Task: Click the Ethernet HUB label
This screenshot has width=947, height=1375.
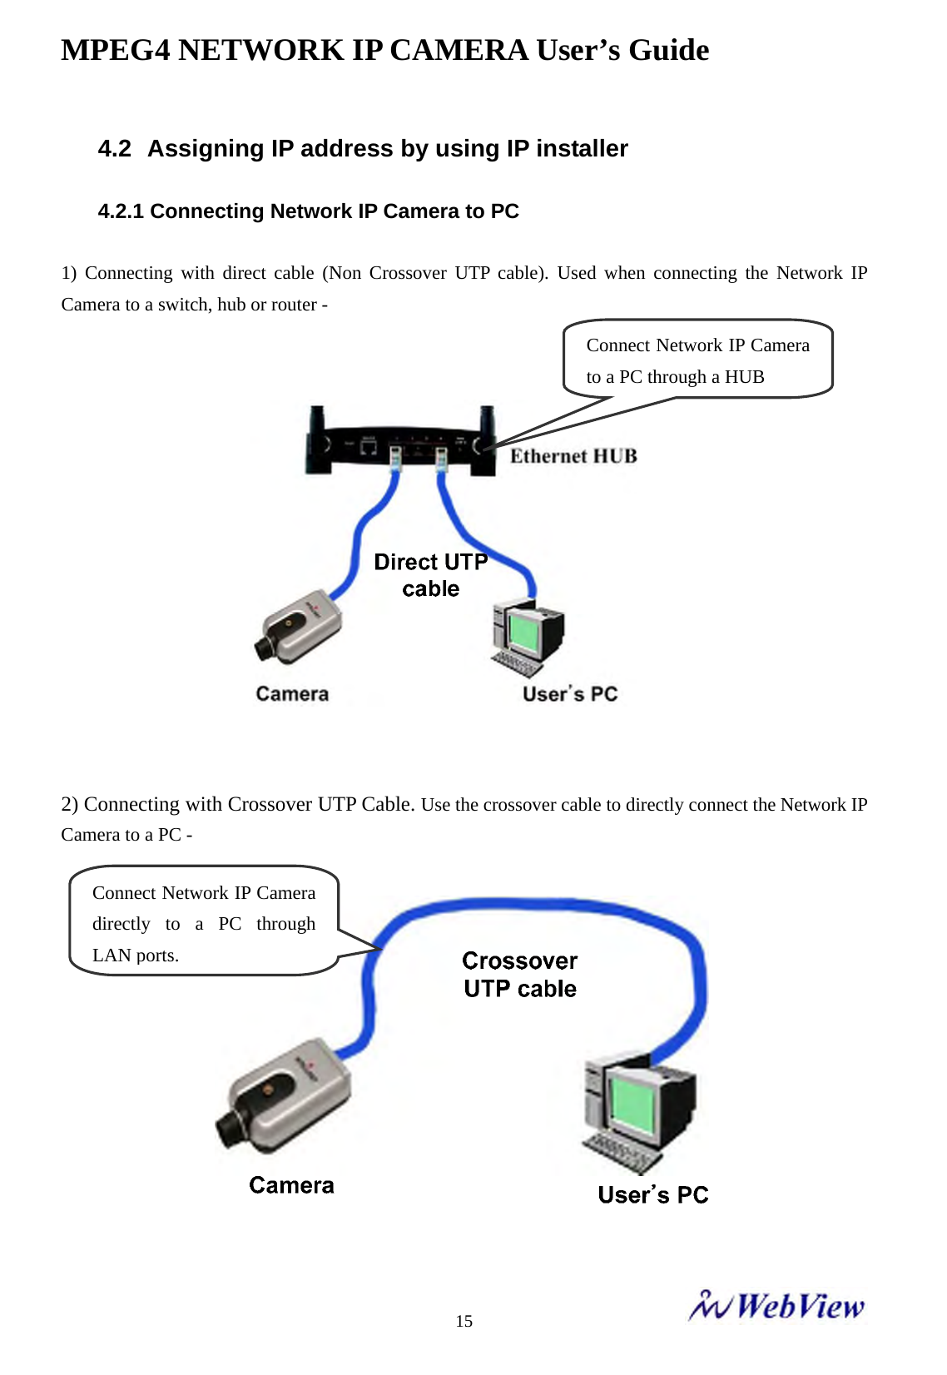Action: tap(573, 456)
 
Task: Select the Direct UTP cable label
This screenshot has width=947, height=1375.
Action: tap(430, 575)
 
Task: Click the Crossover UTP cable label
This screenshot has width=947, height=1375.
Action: tap(519, 975)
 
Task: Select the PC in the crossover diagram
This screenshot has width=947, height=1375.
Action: tap(638, 1111)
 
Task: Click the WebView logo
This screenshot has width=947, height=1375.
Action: tap(776, 1307)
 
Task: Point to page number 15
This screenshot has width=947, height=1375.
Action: tap(464, 1321)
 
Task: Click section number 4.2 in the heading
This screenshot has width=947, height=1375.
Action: tap(115, 149)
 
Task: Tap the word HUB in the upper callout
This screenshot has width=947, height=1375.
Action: tap(744, 377)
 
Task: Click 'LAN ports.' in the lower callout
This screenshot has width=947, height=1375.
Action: tap(136, 956)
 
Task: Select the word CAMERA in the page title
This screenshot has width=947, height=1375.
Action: tap(459, 51)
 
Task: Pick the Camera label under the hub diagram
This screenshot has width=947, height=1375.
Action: tap(292, 694)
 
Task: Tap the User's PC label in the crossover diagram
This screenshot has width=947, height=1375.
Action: tap(652, 1195)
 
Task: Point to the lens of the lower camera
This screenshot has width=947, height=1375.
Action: tap(230, 1129)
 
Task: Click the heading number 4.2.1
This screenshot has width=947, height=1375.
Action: tap(121, 211)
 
